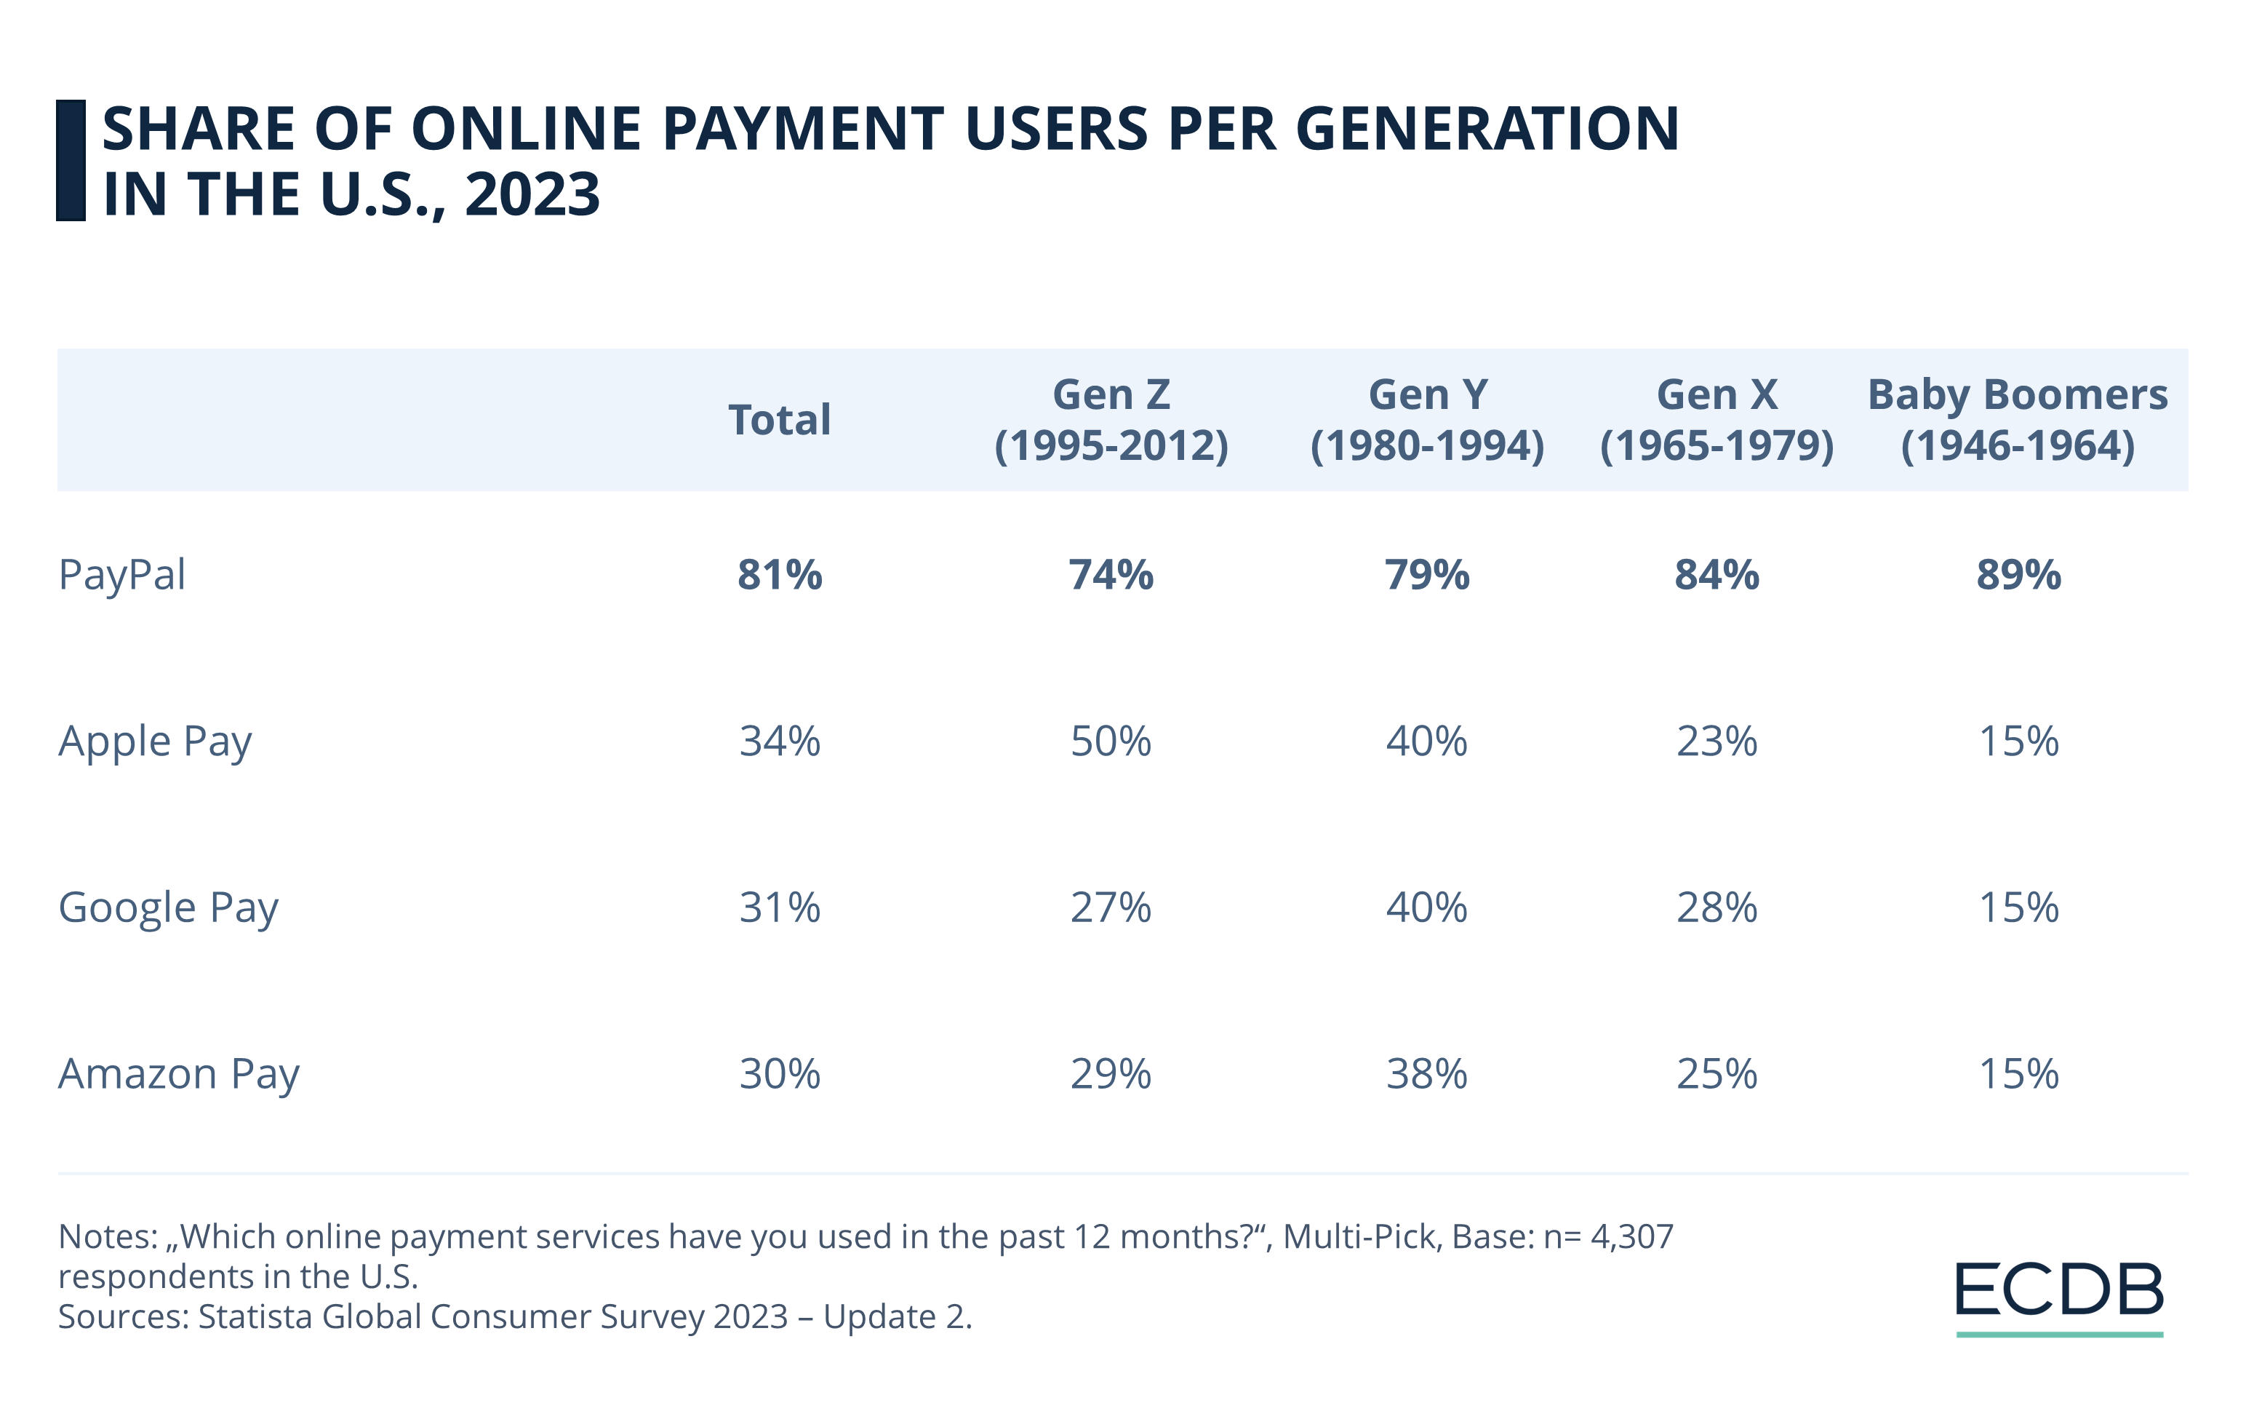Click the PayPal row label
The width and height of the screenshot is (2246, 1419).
122,575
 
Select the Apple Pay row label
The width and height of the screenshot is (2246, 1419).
155,742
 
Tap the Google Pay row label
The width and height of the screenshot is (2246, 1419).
168,907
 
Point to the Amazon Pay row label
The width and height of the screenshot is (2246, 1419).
178,1074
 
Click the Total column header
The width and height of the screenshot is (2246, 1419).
779,420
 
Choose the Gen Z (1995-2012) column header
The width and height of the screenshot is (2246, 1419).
1111,420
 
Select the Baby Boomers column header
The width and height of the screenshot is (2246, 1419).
2018,420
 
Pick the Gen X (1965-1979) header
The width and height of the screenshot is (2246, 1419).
1717,420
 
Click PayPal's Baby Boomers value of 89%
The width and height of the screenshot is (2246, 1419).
2018,575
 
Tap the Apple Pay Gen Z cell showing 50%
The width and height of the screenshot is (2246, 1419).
1111,742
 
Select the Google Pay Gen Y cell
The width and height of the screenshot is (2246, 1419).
1426,907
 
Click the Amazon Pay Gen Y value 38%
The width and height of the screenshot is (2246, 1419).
1426,1074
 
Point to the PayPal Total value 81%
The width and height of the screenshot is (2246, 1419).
780,575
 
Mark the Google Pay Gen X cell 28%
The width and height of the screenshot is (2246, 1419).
1717,907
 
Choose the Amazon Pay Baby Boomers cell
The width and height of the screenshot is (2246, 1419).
2018,1074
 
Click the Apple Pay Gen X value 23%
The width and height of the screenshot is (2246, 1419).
1717,742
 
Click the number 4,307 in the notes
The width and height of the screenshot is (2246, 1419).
1631,1237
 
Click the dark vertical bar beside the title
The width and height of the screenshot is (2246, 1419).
71,161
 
